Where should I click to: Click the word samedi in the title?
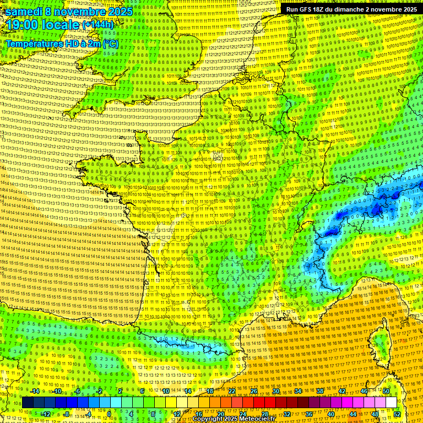pyautogui.click(x=24, y=12)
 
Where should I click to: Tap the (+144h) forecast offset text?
pyautogui.click(x=97, y=25)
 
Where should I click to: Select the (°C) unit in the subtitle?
pyautogui.click(x=110, y=43)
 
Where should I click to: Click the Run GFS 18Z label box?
pyautogui.click(x=351, y=9)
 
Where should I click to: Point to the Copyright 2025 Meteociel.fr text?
pyautogui.click(x=234, y=419)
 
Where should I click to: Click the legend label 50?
pyautogui.click(x=386, y=391)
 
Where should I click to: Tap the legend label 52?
pyautogui.click(x=397, y=414)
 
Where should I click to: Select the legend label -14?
pyautogui.click(x=35, y=391)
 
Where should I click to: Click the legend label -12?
pyautogui.click(x=46, y=414)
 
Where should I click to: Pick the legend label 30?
pyautogui.click(x=276, y=391)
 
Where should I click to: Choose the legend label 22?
pyautogui.click(x=232, y=391)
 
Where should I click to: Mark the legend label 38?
pyautogui.click(x=320, y=391)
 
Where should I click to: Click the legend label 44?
pyautogui.click(x=353, y=414)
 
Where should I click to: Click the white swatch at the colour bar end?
pyautogui.click(x=391, y=403)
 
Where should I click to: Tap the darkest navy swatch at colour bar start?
pyautogui.click(x=28, y=403)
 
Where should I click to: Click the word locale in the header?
pyautogui.click(x=62, y=25)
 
